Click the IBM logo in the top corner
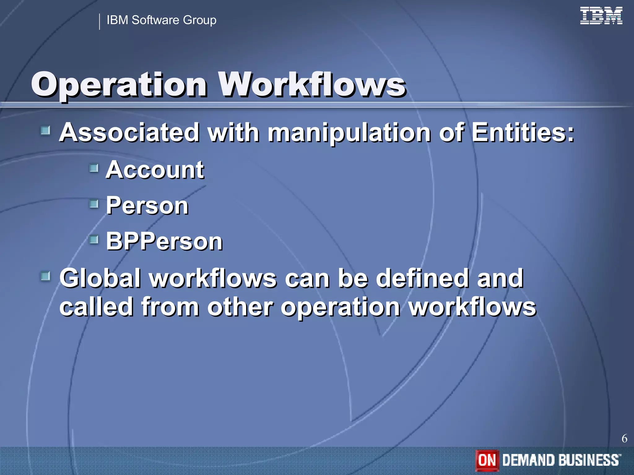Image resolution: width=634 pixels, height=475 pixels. (601, 16)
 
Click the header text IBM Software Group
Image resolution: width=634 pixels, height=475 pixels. (161, 20)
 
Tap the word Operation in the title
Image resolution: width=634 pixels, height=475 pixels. (119, 85)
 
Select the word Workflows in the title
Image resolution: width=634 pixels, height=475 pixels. (312, 84)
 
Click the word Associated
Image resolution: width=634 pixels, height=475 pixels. (129, 132)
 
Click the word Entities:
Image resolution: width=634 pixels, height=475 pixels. (523, 132)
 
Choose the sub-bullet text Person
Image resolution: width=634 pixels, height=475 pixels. (147, 206)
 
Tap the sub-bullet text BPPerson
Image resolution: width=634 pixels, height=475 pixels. (164, 241)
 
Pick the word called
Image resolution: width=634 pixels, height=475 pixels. (96, 307)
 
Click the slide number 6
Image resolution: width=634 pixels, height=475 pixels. (624, 439)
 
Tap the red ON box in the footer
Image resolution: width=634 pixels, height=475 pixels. (487, 460)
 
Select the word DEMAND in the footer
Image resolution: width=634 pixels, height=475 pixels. (529, 460)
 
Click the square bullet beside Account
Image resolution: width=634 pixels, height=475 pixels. (94, 169)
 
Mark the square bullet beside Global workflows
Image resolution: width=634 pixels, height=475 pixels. (46, 276)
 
